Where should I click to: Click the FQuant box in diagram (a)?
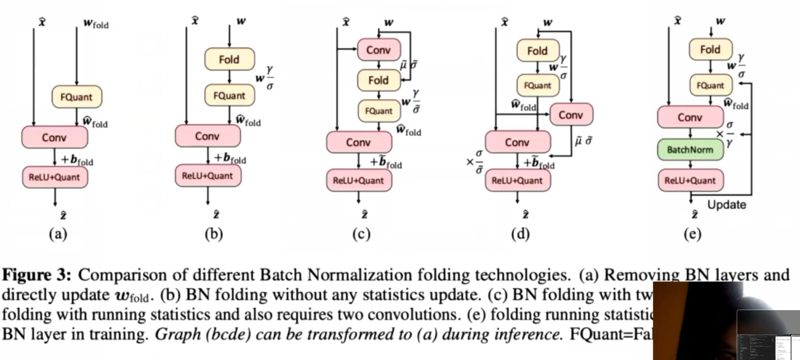click(76, 97)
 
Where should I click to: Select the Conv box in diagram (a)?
click(54, 137)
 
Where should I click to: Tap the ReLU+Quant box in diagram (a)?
click(55, 177)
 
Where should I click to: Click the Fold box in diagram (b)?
click(229, 60)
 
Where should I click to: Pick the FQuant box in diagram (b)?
click(229, 95)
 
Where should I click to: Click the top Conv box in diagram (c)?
click(378, 50)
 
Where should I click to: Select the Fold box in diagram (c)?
click(378, 80)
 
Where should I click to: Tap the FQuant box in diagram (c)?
click(378, 111)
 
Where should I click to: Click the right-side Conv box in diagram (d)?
click(570, 115)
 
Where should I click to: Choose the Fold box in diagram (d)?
click(537, 51)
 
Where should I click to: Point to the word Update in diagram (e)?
click(726, 205)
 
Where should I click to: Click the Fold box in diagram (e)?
click(710, 50)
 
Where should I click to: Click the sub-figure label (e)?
click(693, 234)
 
